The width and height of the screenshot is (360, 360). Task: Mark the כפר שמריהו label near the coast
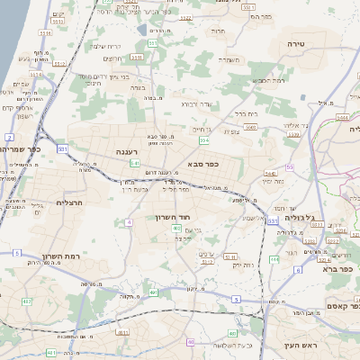point(23,148)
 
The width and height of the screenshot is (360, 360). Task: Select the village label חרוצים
point(112,58)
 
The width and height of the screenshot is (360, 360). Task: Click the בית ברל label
point(247,113)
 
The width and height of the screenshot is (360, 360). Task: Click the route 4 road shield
point(130,220)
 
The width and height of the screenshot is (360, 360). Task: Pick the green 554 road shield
point(205,140)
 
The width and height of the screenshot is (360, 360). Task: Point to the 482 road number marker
point(27,301)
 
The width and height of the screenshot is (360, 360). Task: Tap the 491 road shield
point(153,292)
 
